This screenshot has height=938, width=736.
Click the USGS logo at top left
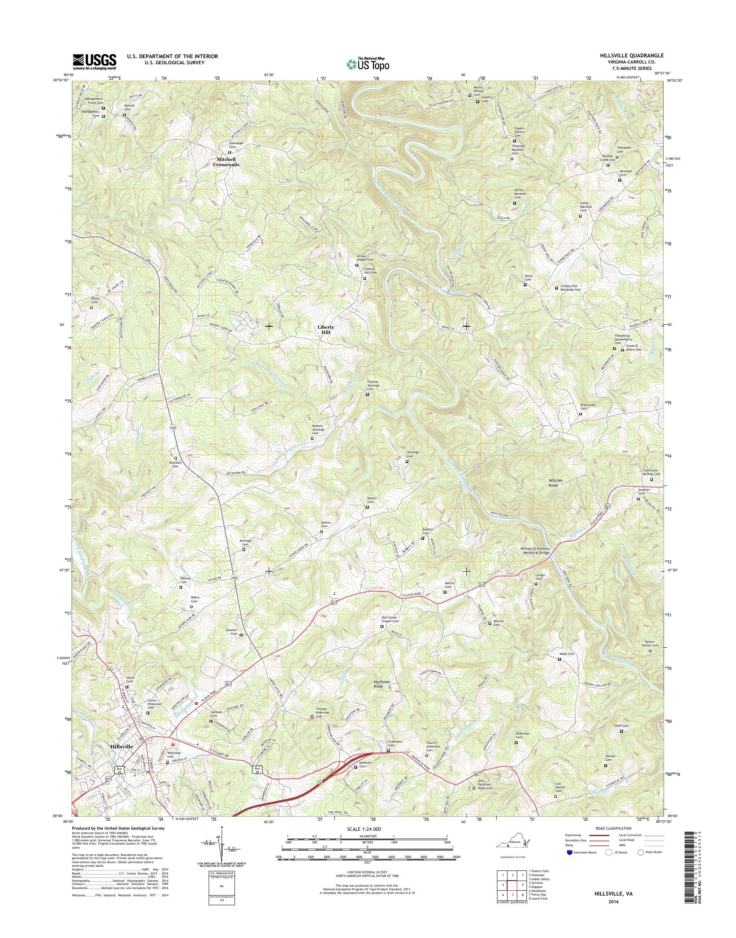94,61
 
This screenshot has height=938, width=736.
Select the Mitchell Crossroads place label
228,162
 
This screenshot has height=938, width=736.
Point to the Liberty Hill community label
326,330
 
